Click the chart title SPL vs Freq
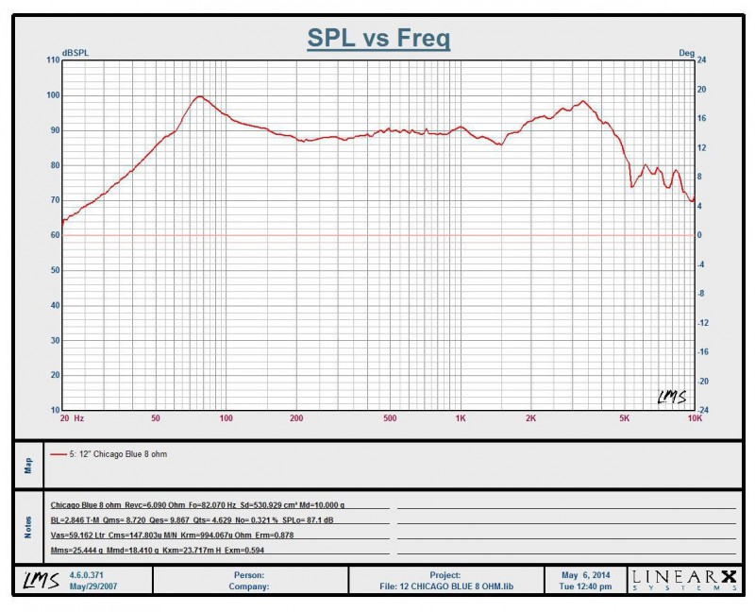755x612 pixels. [x=378, y=39]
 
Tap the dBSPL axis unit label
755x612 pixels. [x=75, y=52]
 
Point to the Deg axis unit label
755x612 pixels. [x=686, y=52]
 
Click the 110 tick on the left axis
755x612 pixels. [x=53, y=60]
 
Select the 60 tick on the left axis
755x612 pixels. [x=55, y=235]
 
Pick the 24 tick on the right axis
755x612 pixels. [x=701, y=60]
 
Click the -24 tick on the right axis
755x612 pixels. [x=702, y=410]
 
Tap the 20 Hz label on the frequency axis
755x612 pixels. [x=72, y=417]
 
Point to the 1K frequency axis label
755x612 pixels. [x=460, y=417]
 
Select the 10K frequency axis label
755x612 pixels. [x=694, y=417]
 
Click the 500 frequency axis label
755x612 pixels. [x=390, y=417]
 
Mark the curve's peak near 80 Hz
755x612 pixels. [x=199, y=96]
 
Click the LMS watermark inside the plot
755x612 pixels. [x=671, y=398]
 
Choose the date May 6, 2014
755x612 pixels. [x=585, y=574]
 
